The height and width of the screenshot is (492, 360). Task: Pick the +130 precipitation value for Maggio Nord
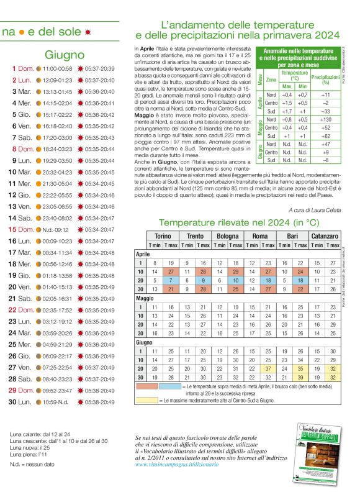[325, 119]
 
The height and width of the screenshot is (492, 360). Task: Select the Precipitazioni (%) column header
[325, 80]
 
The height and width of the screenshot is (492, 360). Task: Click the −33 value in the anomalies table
[325, 111]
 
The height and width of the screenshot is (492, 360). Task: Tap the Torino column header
[163, 237]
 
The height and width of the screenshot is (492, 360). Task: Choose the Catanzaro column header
[325, 237]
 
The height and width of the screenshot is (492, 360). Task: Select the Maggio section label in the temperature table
[144, 298]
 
